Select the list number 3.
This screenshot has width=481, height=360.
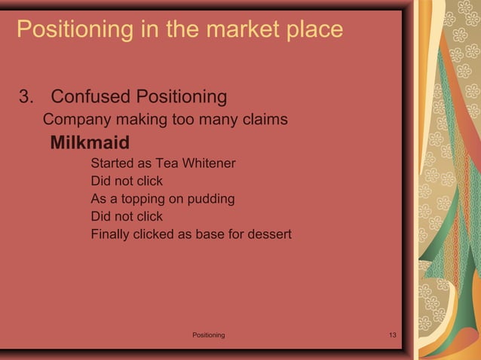pyautogui.click(x=26, y=97)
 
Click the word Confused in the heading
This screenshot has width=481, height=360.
pyautogui.click(x=90, y=97)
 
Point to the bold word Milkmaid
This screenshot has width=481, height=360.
pyautogui.click(x=90, y=142)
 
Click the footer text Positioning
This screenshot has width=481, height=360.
pyautogui.click(x=208, y=334)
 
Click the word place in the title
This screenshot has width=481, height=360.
pyautogui.click(x=314, y=30)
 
